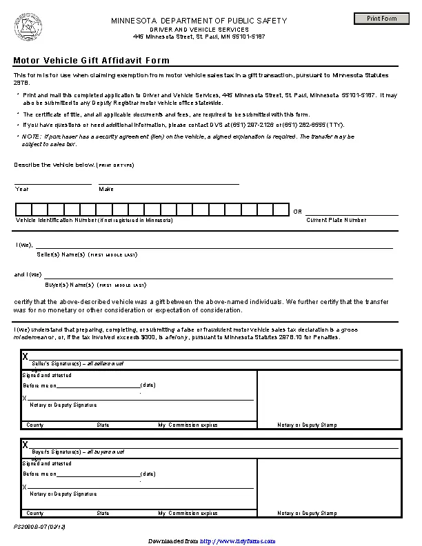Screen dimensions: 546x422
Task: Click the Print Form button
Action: pyautogui.click(x=381, y=18)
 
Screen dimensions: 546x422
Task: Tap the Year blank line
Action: pyautogui.click(x=53, y=183)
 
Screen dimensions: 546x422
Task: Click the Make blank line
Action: pyautogui.click(x=169, y=183)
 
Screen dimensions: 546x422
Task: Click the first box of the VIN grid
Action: pyautogui.click(x=23, y=210)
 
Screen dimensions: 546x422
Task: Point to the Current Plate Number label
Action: pyautogui.click(x=336, y=220)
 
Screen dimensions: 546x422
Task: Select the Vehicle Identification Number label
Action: pyautogui.click(x=94, y=220)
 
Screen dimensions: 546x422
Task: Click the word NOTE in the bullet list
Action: pyautogui.click(x=32, y=136)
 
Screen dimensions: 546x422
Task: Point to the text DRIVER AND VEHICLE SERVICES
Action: pyautogui.click(x=199, y=30)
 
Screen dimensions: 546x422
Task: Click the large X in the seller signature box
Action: pyautogui.click(x=26, y=356)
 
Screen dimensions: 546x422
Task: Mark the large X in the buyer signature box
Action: pyautogui.click(x=26, y=445)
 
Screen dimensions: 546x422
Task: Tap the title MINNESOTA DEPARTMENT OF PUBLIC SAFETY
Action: pyautogui.click(x=199, y=21)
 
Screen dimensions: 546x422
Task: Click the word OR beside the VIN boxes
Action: pyautogui.click(x=298, y=212)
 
